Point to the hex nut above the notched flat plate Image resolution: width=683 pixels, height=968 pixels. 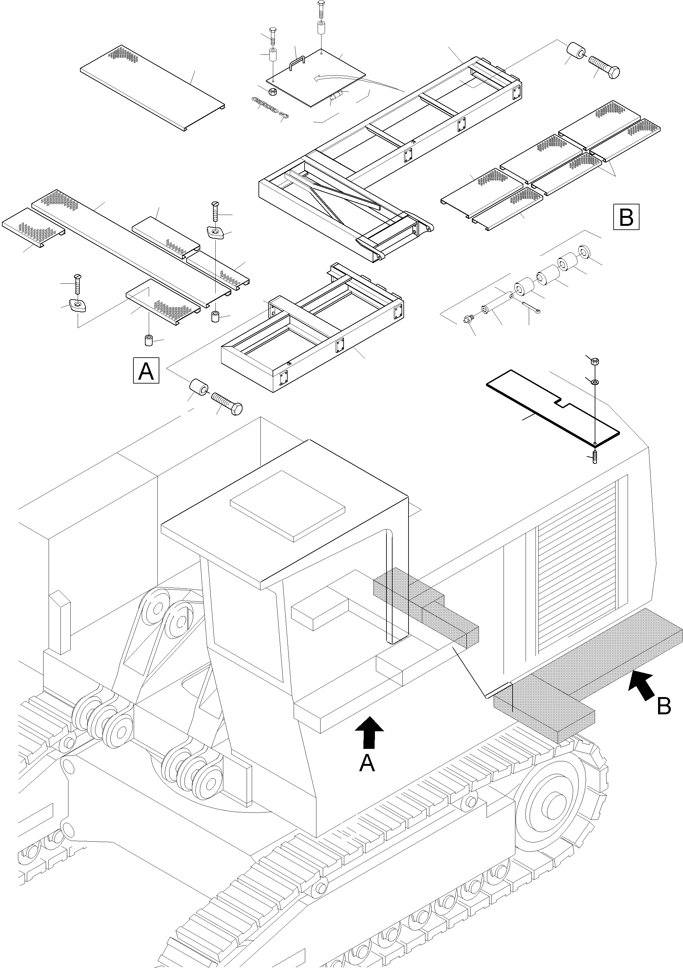(x=594, y=361)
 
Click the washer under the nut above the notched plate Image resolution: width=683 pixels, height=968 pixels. (x=594, y=382)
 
